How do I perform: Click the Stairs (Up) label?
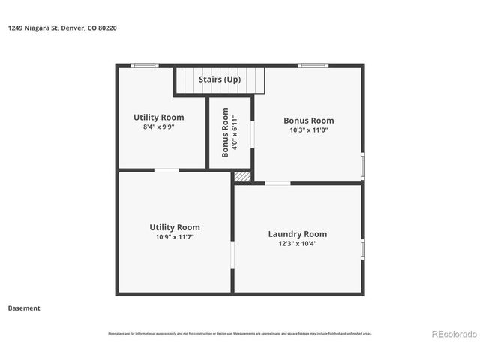[220, 79]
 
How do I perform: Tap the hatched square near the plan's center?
[242, 176]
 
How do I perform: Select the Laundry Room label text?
[297, 234]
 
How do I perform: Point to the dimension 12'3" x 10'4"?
[297, 244]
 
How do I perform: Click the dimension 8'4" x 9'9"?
[158, 127]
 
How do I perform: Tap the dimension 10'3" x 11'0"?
[308, 130]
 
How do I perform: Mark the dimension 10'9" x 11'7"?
[174, 238]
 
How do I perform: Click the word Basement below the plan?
[24, 307]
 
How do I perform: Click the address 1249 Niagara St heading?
[62, 28]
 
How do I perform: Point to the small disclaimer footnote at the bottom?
[240, 334]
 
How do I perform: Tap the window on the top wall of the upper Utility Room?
[144, 65]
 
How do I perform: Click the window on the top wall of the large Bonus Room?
[313, 65]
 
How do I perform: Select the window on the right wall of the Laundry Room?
[363, 248]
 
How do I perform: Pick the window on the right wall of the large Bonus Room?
[363, 165]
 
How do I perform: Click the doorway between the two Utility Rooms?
[166, 170]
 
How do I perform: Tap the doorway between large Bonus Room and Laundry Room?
[277, 183]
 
